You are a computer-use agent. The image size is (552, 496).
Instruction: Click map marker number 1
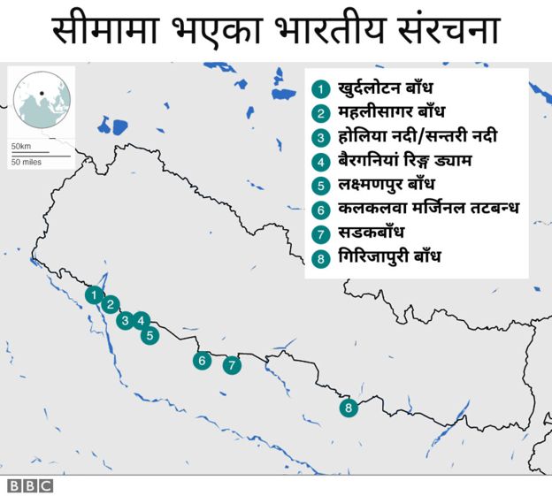[x=92, y=294]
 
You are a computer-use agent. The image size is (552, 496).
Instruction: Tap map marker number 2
[x=110, y=305]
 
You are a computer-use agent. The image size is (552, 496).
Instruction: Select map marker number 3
[x=125, y=320]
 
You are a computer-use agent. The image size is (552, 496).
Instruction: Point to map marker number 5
[x=149, y=335]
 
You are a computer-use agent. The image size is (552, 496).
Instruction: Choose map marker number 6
[x=203, y=360]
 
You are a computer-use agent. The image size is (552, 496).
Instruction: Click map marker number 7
[x=232, y=364]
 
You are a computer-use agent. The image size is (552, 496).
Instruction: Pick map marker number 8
[x=349, y=408]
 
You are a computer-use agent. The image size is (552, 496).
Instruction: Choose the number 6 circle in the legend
[x=321, y=210]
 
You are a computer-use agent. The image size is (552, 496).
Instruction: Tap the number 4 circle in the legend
[x=321, y=162]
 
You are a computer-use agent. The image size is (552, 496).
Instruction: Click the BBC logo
[x=30, y=485]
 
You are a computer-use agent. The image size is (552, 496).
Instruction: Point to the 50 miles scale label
[x=27, y=163]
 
